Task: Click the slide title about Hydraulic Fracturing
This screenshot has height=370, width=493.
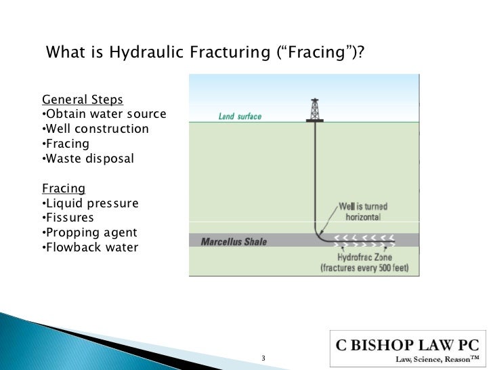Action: coord(204,53)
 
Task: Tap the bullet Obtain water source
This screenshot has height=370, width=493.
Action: coord(104,114)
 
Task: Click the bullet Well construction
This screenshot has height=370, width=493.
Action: coord(95,129)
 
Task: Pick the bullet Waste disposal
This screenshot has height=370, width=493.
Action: coord(87,159)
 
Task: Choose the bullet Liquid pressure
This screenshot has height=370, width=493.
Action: coord(89,203)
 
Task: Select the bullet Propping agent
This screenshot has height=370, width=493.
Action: coord(89,232)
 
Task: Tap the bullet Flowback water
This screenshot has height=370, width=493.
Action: coord(89,247)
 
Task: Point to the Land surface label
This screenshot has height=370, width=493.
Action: coord(240,117)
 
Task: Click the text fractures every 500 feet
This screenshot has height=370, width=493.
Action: coord(369,268)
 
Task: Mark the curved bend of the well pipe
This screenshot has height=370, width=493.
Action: coord(320,234)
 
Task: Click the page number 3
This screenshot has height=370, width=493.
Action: coord(263,357)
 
